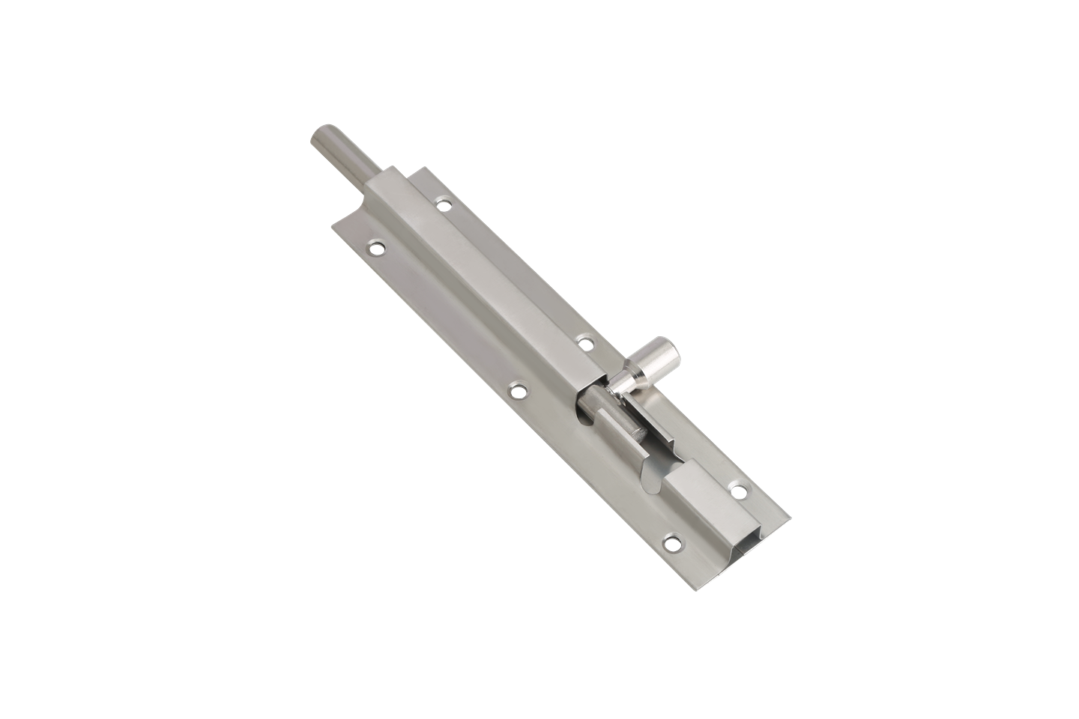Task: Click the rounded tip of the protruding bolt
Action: pyautogui.click(x=321, y=138)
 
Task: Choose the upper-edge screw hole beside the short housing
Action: pyautogui.click(x=738, y=491)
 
